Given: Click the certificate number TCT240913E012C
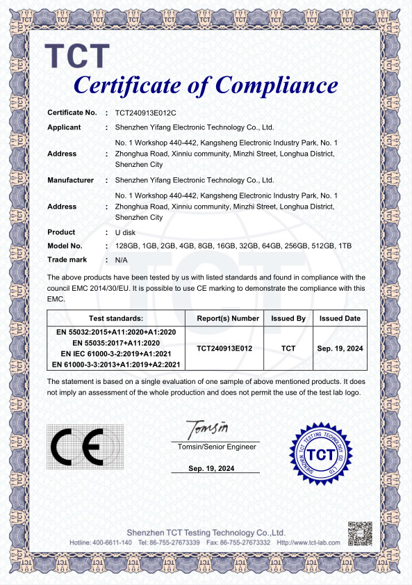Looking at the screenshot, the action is (x=146, y=112).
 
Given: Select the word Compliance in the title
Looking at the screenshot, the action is (x=277, y=86).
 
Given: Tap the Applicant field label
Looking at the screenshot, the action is (x=64, y=127).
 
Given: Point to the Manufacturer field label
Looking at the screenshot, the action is (x=70, y=180).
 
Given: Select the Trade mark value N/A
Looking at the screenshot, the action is (x=121, y=259).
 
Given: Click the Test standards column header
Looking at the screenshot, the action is (x=116, y=318).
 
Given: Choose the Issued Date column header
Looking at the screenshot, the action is (x=340, y=318).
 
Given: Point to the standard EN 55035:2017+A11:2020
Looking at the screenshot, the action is (x=116, y=343).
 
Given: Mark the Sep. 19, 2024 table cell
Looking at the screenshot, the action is (x=340, y=348).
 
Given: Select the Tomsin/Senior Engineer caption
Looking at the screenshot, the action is (x=217, y=447).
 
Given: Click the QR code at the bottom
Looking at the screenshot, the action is (x=359, y=533).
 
